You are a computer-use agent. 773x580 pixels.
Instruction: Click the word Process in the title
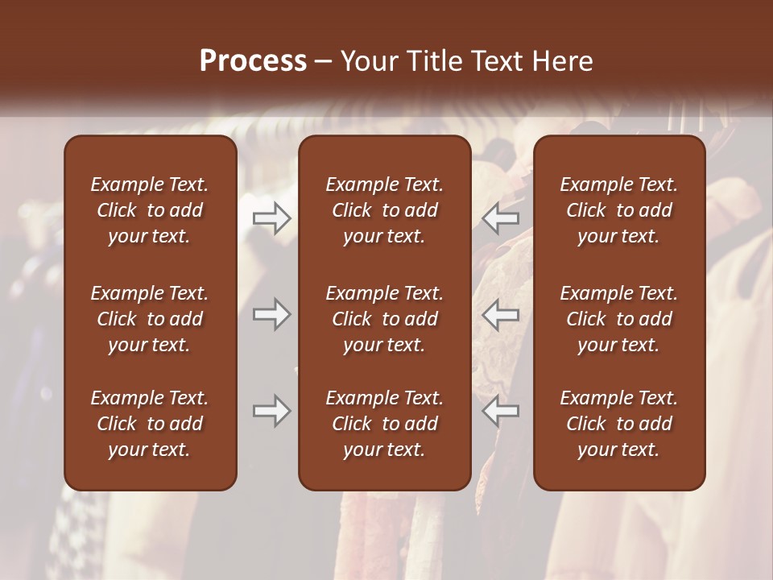253,61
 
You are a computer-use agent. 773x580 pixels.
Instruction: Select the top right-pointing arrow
272,217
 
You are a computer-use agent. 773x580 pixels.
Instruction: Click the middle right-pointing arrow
272,314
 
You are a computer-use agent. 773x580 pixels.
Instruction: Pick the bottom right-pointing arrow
272,411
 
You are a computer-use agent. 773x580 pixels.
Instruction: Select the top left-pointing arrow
501,217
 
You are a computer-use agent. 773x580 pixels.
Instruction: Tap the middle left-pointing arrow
501,314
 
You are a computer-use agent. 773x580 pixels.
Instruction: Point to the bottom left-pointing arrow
501,411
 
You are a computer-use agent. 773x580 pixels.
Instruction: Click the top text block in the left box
150,210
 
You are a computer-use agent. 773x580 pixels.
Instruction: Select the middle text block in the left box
150,319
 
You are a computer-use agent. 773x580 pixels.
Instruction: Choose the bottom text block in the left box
150,424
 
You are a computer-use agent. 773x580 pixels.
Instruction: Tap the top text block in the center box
384,210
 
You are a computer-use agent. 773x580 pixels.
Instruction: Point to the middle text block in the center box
384,319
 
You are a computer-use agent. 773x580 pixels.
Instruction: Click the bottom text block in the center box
384,424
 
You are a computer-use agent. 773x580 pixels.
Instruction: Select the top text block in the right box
618,210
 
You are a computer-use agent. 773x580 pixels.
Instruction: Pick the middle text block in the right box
618,319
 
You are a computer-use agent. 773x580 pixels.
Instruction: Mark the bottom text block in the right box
618,424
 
